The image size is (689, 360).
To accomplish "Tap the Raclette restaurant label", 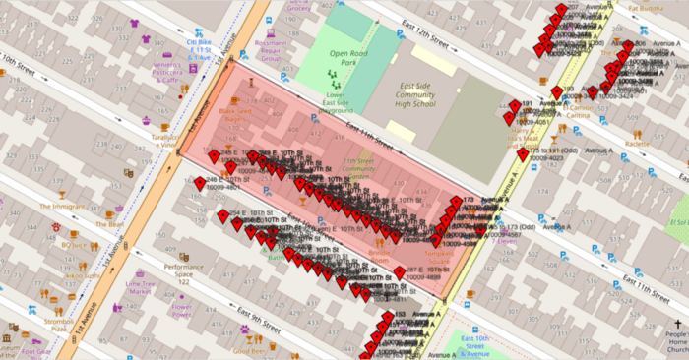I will (637, 144).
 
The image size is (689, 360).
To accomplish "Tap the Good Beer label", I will (250, 350).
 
